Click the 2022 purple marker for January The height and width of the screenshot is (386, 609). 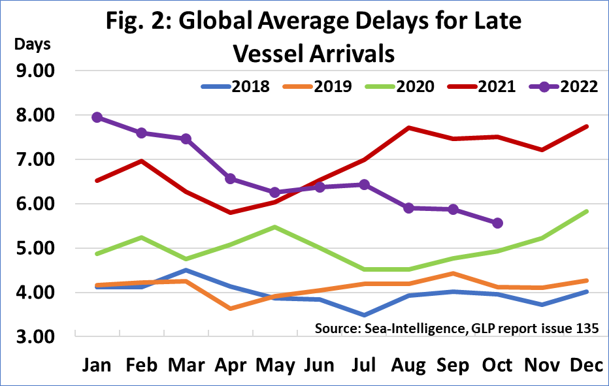pos(97,118)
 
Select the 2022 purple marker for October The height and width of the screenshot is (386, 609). pos(498,223)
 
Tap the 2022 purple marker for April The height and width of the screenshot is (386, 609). pos(230,179)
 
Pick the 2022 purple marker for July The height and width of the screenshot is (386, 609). pos(364,185)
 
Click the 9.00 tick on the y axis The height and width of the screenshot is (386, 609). pos(37,71)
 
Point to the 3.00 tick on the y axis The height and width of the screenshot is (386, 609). pos(37,337)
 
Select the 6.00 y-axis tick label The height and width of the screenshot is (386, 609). pos(37,204)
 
